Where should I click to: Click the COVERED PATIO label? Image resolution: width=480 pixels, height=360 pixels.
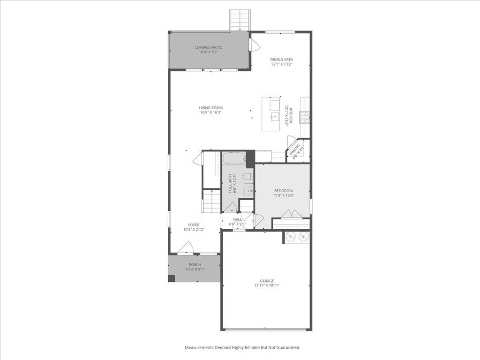point(209,47)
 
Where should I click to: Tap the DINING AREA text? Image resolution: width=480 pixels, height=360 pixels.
point(282,60)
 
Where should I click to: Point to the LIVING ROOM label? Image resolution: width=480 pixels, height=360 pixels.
point(210,108)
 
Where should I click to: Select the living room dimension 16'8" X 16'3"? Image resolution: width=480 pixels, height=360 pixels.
point(210,112)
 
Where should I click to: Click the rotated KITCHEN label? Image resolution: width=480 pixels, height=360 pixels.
point(291,115)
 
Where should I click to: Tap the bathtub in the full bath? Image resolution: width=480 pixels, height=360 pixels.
point(234,158)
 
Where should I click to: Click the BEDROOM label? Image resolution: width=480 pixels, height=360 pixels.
point(283,191)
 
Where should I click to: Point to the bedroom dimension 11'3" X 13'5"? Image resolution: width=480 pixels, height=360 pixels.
point(283,195)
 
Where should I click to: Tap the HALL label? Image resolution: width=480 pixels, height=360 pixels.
point(237,219)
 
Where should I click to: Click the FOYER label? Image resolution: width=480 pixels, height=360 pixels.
point(194,225)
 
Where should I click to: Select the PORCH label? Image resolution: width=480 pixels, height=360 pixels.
point(195,265)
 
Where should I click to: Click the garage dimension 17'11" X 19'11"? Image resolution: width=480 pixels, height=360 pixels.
point(267,285)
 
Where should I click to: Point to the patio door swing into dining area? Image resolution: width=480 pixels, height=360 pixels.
point(255,45)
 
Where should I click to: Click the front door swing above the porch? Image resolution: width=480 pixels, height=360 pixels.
point(187,248)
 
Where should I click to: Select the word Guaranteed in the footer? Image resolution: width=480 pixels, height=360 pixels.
point(287,347)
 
